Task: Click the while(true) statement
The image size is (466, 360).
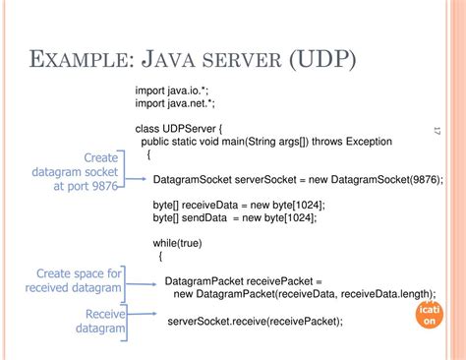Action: tap(176, 242)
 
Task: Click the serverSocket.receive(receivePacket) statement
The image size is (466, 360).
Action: tap(256, 322)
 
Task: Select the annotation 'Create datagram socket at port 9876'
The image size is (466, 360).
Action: tap(82, 170)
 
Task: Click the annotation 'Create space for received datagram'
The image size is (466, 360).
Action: tap(73, 280)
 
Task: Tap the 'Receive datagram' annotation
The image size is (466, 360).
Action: tap(100, 321)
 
